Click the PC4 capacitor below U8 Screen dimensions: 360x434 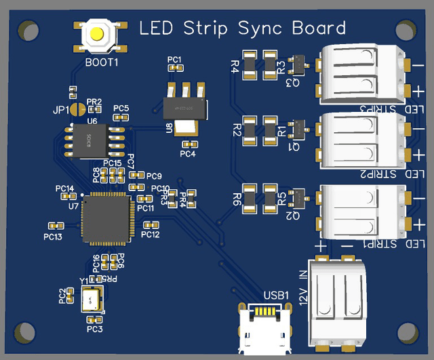pyautogui.click(x=189, y=144)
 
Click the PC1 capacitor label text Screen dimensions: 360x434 pyautogui.click(x=174, y=60)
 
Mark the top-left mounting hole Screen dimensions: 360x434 pyautogui.click(x=27, y=31)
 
